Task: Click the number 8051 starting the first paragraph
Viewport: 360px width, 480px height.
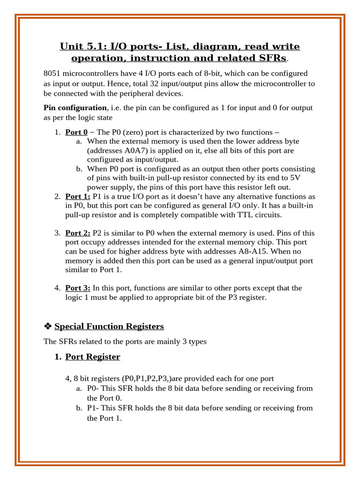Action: pyautogui.click(x=52, y=74)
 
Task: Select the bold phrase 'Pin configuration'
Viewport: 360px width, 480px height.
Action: pyautogui.click(x=75, y=108)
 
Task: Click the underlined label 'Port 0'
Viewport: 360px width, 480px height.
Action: pyautogui.click(x=76, y=132)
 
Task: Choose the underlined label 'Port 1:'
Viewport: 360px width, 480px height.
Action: pyautogui.click(x=77, y=196)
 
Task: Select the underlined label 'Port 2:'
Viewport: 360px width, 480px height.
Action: pyautogui.click(x=77, y=233)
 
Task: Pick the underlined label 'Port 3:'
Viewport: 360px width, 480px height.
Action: pyautogui.click(x=77, y=288)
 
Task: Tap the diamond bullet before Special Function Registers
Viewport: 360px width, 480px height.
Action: pyautogui.click(x=47, y=326)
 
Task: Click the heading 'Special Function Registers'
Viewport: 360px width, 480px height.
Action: pyautogui.click(x=109, y=326)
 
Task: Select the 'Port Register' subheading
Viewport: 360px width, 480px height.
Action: pyautogui.click(x=92, y=357)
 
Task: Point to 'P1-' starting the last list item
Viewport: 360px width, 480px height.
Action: pyautogui.click(x=93, y=408)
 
